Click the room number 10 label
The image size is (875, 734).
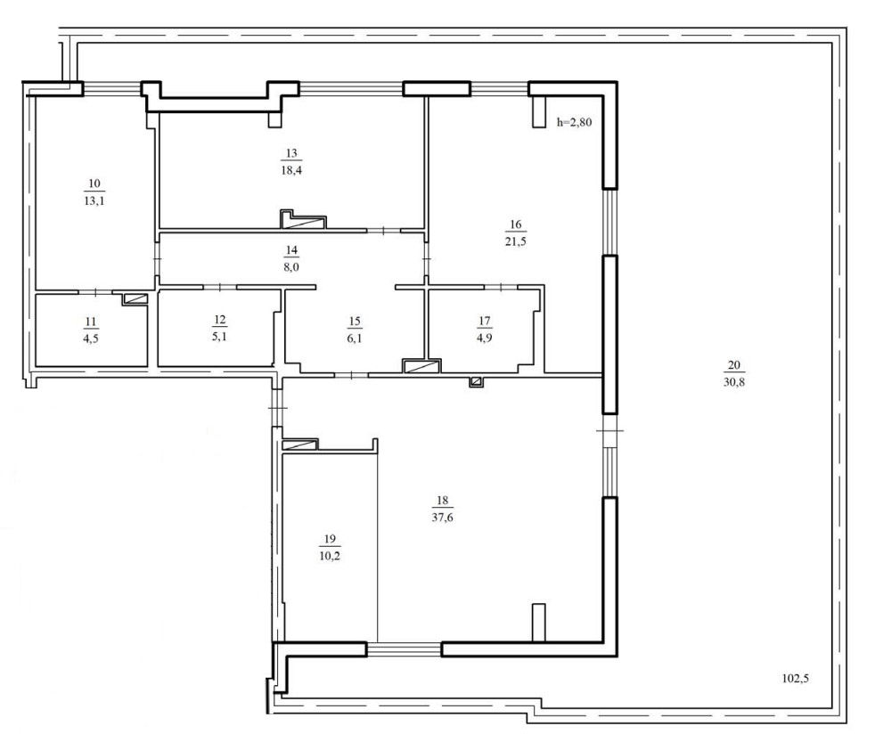[94, 183]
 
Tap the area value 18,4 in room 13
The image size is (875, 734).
[291, 170]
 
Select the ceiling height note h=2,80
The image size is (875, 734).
[574, 121]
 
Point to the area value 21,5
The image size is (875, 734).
[516, 241]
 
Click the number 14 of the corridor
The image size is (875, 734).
[291, 250]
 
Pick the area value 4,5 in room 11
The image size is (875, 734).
[91, 338]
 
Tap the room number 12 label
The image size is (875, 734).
[220, 320]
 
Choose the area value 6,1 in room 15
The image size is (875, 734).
[355, 338]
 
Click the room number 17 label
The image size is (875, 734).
[485, 321]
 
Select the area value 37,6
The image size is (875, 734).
[442, 517]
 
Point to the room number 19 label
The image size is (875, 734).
[330, 539]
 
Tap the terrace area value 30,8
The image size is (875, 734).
[734, 382]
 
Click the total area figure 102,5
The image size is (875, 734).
[795, 679]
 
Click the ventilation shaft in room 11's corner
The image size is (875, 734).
[135, 299]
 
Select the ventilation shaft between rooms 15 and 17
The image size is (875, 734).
[421, 366]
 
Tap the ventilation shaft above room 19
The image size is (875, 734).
[300, 444]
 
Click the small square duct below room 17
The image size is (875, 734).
[476, 381]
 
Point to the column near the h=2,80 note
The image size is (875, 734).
[538, 112]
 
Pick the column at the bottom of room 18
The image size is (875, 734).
[538, 623]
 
